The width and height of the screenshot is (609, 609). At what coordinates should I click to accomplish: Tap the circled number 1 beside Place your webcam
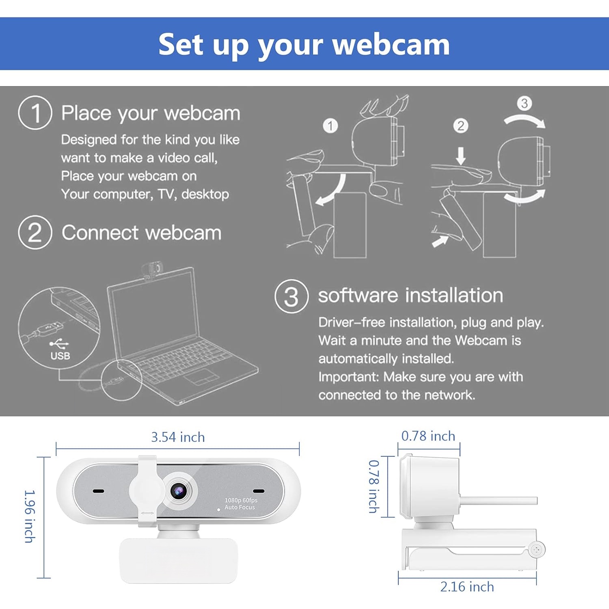click(x=35, y=112)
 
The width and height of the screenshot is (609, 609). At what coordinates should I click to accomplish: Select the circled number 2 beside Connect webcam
click(x=35, y=232)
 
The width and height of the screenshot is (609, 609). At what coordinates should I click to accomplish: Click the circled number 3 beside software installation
click(x=292, y=296)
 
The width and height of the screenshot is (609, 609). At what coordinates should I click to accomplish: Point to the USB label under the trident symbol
click(x=60, y=356)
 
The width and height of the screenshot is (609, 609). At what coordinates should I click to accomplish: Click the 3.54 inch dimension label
click(x=178, y=437)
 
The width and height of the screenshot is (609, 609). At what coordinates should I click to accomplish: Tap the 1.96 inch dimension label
click(x=30, y=516)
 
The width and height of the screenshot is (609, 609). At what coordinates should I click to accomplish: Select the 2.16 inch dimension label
click(x=467, y=587)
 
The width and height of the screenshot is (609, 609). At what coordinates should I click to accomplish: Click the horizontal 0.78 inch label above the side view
click(x=428, y=436)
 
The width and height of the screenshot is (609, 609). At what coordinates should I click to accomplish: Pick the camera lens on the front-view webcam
click(x=178, y=491)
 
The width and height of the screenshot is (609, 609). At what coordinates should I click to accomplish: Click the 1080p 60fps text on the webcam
click(x=241, y=500)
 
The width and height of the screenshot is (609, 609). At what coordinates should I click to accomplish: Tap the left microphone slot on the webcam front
click(x=98, y=491)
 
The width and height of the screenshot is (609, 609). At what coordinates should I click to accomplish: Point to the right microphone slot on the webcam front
click(x=259, y=491)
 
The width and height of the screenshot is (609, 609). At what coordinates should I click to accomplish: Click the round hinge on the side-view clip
click(x=537, y=550)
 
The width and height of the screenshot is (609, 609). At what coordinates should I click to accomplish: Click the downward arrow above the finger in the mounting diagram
click(x=460, y=156)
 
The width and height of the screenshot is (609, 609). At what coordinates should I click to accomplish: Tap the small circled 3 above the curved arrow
click(x=525, y=103)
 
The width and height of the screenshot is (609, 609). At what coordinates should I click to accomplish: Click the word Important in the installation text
click(x=348, y=377)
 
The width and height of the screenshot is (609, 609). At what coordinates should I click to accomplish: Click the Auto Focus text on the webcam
click(x=240, y=508)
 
